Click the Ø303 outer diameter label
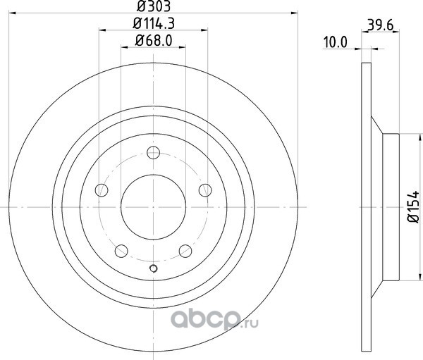coord(154,6)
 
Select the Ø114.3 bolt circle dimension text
coord(154,23)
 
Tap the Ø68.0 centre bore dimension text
coord(154,41)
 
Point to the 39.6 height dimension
coord(381,25)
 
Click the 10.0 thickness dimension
coord(336,42)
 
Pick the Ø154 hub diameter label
coord(413,207)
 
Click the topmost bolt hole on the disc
coord(153,153)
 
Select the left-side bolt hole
coord(102,190)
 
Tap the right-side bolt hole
coord(205,190)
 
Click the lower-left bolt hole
coord(121,251)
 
